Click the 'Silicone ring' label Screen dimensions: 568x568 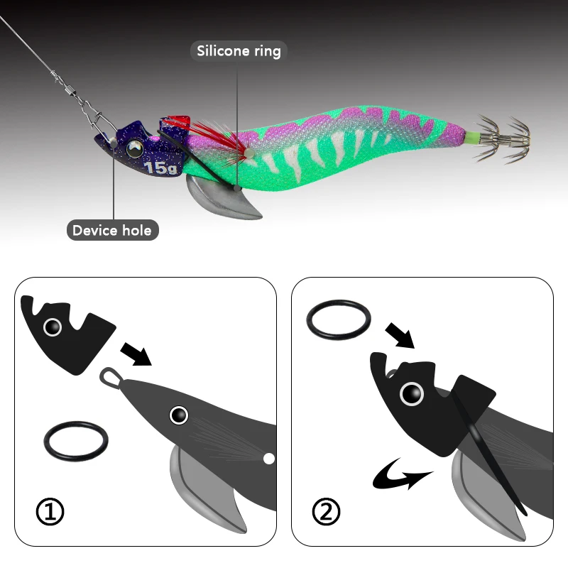click(239, 51)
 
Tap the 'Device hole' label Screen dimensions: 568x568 click(112, 230)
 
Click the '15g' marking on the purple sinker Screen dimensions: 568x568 click(161, 168)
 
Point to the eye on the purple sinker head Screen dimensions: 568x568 click(135, 148)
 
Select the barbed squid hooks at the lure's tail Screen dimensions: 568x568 click(502, 138)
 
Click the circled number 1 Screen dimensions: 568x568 click(50, 512)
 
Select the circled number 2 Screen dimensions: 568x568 click(326, 511)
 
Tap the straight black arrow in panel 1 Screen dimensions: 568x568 click(136, 354)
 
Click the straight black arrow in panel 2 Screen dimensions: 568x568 click(400, 335)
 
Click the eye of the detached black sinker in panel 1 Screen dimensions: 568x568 click(53, 327)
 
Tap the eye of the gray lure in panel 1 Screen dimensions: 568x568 click(179, 415)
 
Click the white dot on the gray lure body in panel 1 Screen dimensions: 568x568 click(269, 459)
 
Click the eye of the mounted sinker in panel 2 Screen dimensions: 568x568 click(412, 394)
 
